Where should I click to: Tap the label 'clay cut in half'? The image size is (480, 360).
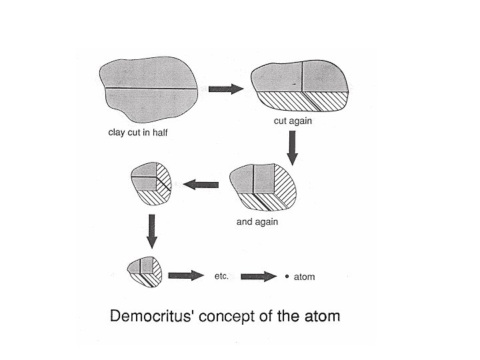pos(138,132)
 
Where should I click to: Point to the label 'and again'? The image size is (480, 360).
pos(257,222)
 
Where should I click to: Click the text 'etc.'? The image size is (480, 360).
pos(221,275)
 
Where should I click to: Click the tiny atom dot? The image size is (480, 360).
pos(287,276)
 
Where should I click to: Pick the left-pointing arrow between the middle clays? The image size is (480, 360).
pos(201,185)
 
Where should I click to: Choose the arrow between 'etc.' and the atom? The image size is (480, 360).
pos(259,275)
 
